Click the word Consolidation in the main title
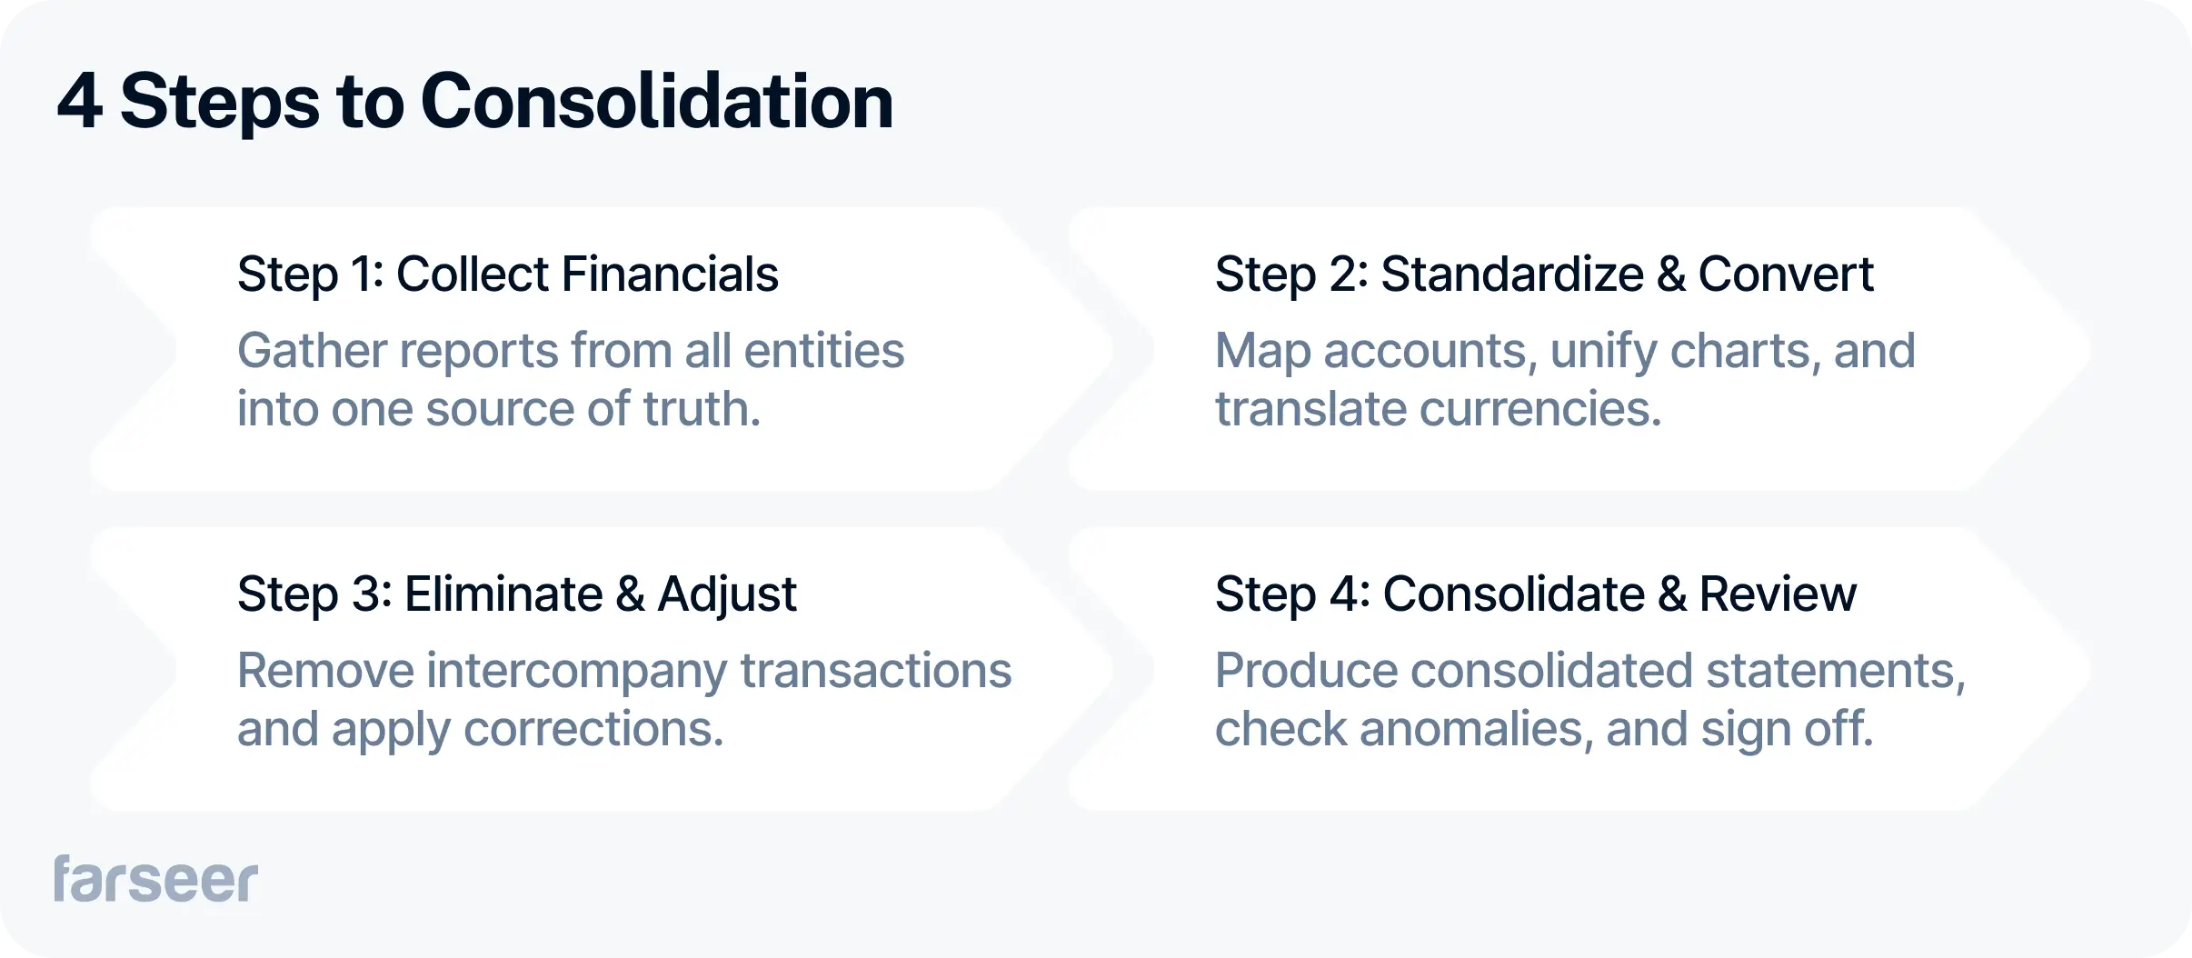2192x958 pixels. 656,102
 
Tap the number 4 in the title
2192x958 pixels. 79,102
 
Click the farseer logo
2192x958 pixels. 155,879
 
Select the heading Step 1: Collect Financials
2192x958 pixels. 507,274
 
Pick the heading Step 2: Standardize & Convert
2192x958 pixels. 1543,274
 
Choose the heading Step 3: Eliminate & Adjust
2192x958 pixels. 516,594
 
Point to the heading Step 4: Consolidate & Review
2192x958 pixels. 1535,594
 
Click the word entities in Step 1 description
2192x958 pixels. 823,351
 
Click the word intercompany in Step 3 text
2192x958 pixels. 576,672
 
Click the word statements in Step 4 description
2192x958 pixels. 1835,671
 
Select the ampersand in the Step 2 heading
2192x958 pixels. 1670,274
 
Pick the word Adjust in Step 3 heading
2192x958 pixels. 726,595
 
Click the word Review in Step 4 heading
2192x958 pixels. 1777,594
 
